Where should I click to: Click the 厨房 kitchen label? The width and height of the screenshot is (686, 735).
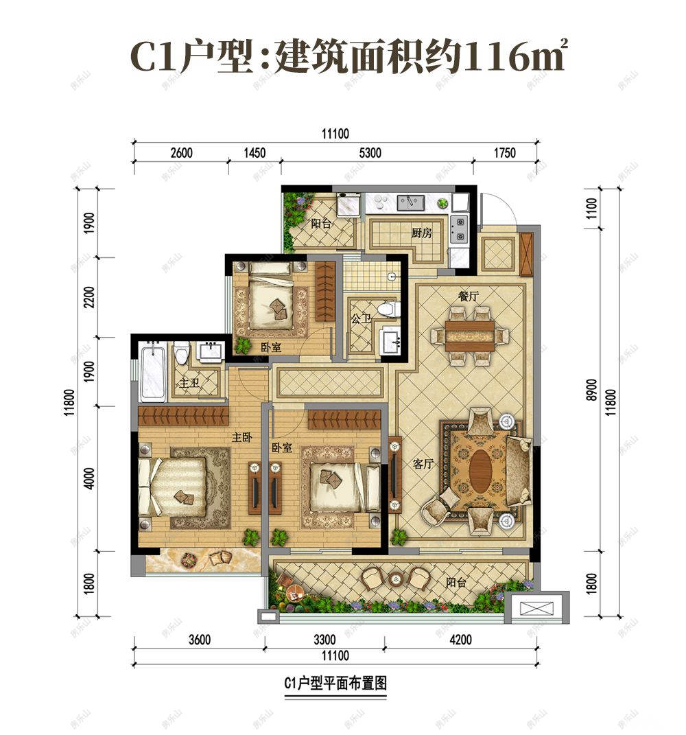pyautogui.click(x=422, y=233)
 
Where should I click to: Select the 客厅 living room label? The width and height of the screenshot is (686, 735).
pyautogui.click(x=424, y=465)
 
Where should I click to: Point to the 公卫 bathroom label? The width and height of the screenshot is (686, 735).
pyautogui.click(x=361, y=319)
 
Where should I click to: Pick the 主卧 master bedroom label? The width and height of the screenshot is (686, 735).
pyautogui.click(x=242, y=436)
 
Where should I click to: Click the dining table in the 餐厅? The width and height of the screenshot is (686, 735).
pyautogui.click(x=470, y=335)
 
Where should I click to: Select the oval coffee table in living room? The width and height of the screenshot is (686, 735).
pyautogui.click(x=482, y=469)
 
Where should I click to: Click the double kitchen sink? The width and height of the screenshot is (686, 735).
pyautogui.click(x=410, y=202)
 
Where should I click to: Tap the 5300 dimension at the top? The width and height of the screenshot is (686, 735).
pyautogui.click(x=370, y=153)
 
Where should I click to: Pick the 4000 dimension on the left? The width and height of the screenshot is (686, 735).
pyautogui.click(x=88, y=478)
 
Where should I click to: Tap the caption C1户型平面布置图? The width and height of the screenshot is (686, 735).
pyautogui.click(x=335, y=684)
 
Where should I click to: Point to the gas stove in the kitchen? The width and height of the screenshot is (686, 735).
pyautogui.click(x=458, y=229)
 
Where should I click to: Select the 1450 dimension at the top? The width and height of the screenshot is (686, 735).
pyautogui.click(x=254, y=153)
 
